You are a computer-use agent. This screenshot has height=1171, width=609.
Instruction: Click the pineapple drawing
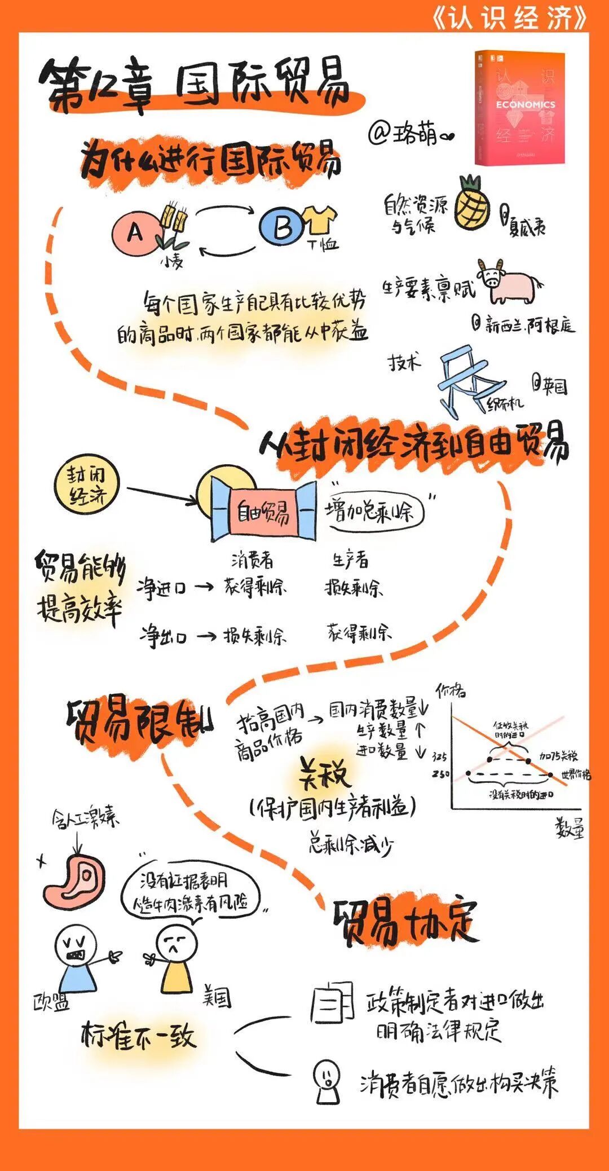[472, 204]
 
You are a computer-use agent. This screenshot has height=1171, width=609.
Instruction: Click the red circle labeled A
[134, 232]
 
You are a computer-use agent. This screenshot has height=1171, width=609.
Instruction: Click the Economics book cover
[520, 108]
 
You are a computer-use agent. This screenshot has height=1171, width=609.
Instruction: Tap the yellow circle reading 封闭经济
[87, 483]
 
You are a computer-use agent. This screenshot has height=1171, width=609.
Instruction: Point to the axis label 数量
[570, 827]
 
